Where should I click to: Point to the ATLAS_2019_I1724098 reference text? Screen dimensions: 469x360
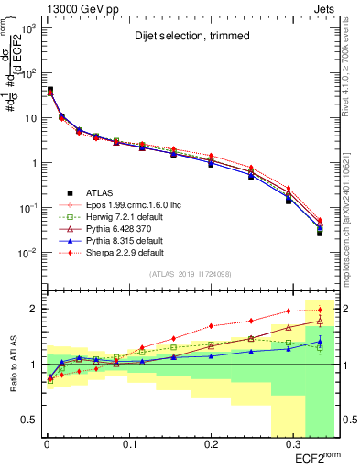[183, 273]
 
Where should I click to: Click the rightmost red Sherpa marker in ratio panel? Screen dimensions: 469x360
[320, 310]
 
